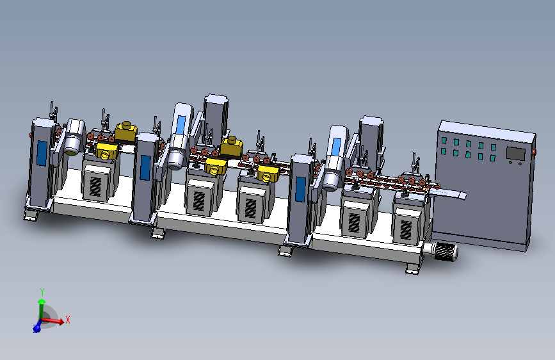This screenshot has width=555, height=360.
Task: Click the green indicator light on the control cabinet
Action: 510,163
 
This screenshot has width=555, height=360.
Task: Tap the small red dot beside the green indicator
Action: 520,164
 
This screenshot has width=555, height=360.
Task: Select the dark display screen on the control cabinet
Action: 516,154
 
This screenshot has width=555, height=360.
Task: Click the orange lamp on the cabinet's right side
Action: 534,152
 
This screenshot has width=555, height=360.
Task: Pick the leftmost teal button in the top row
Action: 444,141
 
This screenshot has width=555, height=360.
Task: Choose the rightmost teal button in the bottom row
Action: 493,158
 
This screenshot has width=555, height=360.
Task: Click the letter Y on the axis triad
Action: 42,292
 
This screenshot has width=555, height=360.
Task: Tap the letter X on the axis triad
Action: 68,320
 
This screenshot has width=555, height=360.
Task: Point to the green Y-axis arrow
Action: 42,309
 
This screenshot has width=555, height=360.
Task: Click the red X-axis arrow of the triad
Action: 52,321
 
